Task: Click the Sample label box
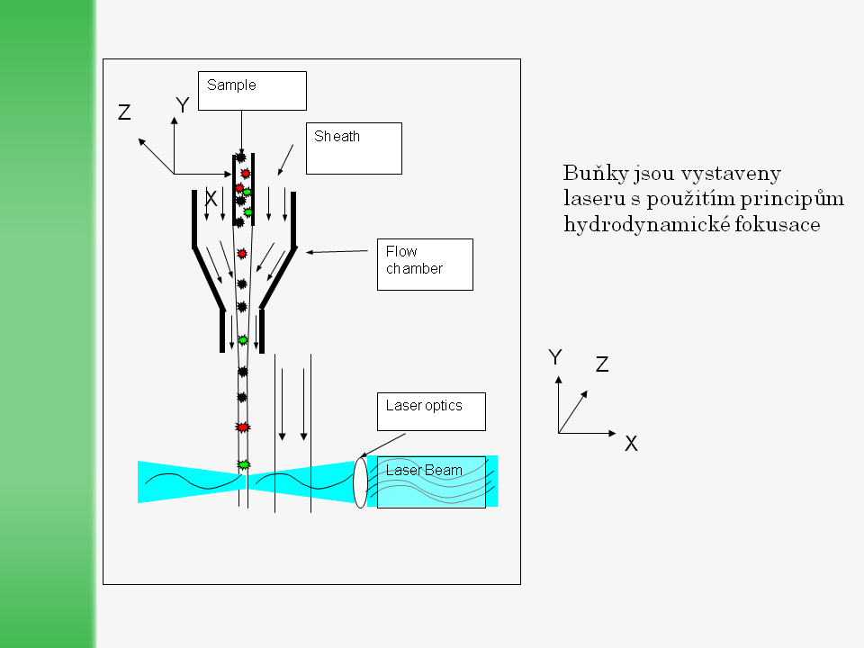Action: click(x=252, y=91)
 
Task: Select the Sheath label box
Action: click(x=354, y=148)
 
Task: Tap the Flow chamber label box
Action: click(x=425, y=264)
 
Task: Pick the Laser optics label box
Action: click(x=430, y=411)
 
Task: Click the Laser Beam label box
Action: click(x=431, y=481)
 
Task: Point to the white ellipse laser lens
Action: click(x=361, y=482)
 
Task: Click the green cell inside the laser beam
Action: click(x=243, y=464)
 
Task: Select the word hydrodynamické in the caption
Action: click(x=640, y=224)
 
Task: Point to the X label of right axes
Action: click(x=631, y=443)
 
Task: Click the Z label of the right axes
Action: click(x=602, y=364)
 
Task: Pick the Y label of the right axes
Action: click(x=555, y=357)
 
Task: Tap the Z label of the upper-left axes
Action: click(x=125, y=112)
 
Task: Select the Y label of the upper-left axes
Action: click(x=183, y=106)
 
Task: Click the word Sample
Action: click(x=231, y=85)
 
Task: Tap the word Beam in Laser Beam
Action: click(x=446, y=470)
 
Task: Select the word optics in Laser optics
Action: click(x=442, y=405)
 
